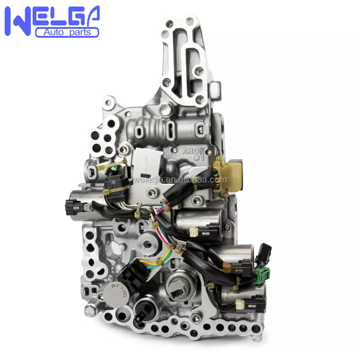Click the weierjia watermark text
click(180, 179)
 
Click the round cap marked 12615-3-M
click(114, 292)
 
